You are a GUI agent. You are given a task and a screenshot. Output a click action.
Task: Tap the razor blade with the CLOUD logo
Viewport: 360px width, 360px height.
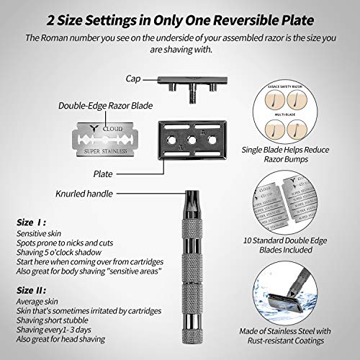[102, 135]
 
